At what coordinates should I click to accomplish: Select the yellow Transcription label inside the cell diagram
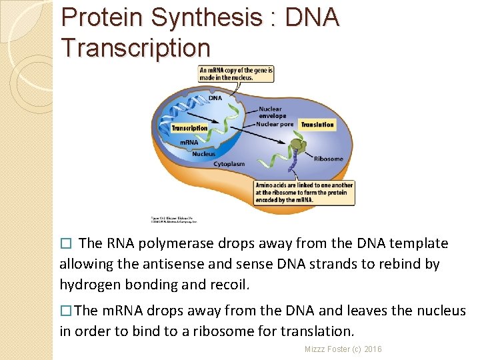[189, 128]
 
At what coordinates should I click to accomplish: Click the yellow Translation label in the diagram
[317, 125]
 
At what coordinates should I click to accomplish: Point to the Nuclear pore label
[275, 124]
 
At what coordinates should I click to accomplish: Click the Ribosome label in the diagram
[328, 159]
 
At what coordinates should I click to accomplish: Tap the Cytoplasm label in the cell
[229, 163]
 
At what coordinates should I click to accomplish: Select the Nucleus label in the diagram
[203, 154]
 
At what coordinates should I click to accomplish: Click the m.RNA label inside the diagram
[189, 143]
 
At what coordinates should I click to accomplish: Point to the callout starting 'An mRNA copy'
[236, 73]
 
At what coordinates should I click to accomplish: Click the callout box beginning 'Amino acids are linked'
[304, 193]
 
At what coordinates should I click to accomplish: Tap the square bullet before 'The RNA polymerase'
[65, 244]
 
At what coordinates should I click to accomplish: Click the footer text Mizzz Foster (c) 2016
[343, 349]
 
